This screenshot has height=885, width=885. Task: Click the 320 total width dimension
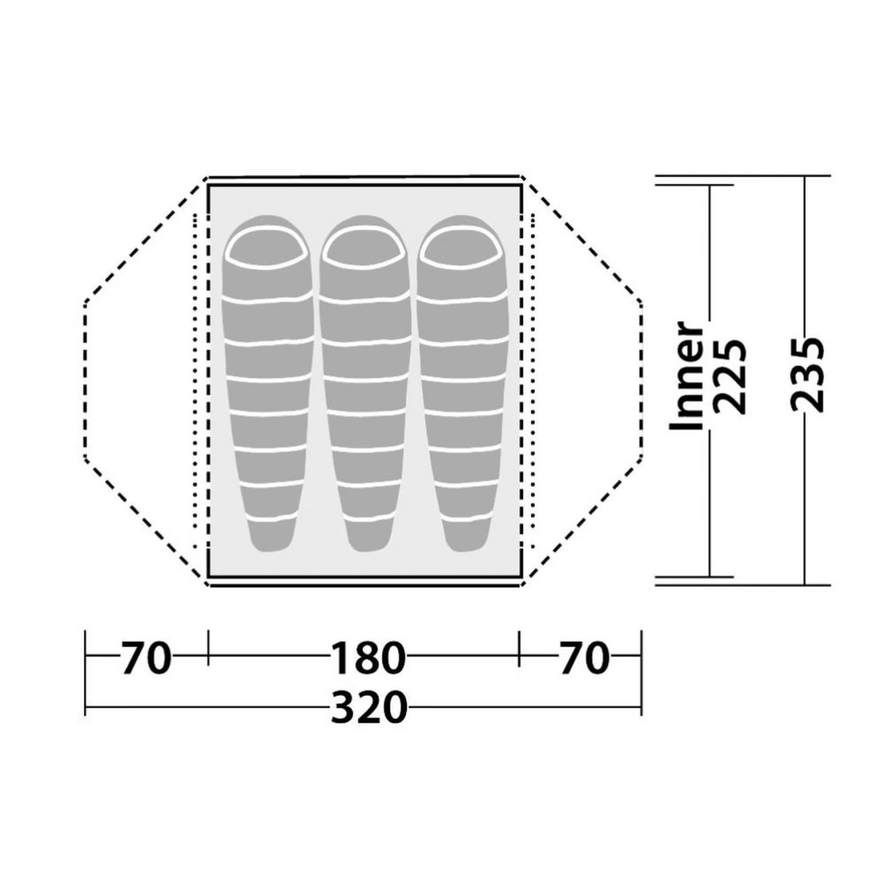click(369, 707)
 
